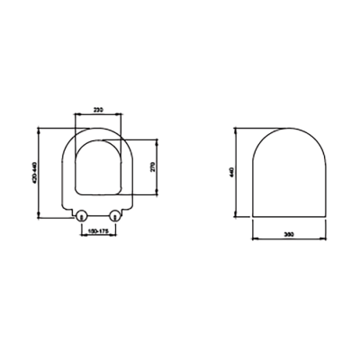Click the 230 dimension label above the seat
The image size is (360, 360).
click(97, 110)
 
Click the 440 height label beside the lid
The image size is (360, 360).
click(233, 173)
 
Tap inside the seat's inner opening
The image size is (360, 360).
click(97, 166)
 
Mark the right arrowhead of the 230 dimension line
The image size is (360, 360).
click(121, 114)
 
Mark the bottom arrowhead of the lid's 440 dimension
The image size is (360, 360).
click(237, 217)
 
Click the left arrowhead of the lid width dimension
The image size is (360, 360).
click(253, 238)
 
